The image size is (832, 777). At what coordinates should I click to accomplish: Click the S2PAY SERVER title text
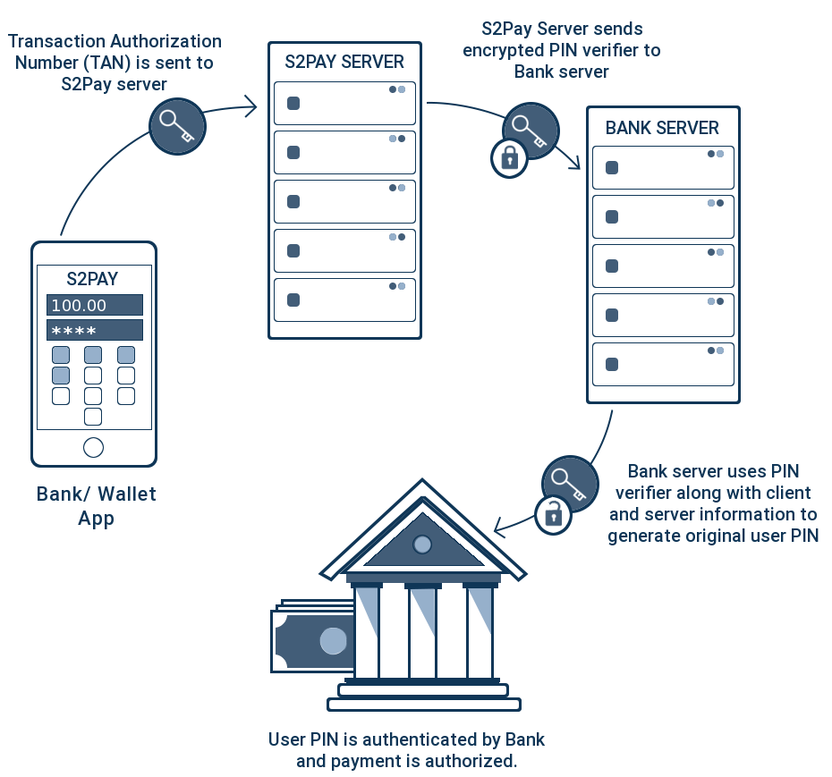[344, 63]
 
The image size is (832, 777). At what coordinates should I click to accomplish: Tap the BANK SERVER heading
[662, 128]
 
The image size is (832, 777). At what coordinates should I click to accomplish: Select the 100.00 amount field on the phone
[94, 305]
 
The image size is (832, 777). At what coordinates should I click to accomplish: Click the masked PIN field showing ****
[94, 331]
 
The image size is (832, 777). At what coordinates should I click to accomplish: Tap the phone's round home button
[93, 447]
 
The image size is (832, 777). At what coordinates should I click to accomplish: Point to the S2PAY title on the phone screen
[93, 279]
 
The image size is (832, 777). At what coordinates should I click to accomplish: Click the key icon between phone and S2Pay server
[177, 126]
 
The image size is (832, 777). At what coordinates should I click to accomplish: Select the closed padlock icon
[509, 158]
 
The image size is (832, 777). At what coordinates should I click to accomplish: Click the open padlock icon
[554, 514]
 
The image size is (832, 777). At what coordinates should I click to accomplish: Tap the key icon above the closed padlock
[530, 131]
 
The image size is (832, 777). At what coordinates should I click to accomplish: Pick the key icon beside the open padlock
[570, 483]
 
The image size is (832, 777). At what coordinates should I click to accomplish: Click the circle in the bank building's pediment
[422, 544]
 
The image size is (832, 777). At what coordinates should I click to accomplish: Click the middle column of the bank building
[422, 630]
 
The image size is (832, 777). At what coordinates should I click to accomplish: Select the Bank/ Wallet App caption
[97, 506]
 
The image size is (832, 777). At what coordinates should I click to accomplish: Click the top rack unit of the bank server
[663, 167]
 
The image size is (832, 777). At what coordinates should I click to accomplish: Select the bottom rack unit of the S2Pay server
[344, 300]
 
